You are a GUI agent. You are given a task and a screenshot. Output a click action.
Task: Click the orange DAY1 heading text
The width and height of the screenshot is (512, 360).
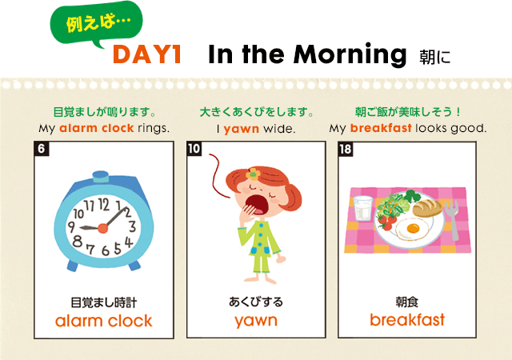147,54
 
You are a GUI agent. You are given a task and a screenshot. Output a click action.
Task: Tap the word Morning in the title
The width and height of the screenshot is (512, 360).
350,55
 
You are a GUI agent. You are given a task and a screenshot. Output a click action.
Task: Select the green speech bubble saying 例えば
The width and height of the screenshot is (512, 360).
97,23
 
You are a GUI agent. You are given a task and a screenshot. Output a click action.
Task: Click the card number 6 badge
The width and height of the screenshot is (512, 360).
42,149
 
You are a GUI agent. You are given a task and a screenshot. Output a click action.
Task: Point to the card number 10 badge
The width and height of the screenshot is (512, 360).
194,149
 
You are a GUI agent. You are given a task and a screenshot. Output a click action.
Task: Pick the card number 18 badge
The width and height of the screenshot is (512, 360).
346,149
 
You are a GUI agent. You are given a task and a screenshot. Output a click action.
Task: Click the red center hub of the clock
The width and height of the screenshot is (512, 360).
103,228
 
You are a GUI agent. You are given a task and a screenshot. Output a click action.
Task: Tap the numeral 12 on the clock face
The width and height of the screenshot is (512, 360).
103,205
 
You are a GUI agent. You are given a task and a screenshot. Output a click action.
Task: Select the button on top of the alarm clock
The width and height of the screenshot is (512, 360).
101,177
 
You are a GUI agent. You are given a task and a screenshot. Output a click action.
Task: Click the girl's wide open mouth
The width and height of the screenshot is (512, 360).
256,205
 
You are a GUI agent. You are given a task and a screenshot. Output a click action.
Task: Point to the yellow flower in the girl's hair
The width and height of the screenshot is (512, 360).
253,174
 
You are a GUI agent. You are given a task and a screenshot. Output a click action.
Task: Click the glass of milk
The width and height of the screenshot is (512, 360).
362,208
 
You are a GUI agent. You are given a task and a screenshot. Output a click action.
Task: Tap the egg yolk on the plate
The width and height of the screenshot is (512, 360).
413,228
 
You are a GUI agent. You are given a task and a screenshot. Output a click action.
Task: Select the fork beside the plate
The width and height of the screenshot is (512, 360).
452,219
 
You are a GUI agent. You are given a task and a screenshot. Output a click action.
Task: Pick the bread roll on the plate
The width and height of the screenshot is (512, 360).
427,208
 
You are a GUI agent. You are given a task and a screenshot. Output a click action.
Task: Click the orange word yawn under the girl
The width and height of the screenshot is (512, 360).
256,321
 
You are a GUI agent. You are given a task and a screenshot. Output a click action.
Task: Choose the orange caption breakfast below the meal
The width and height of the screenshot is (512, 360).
407,319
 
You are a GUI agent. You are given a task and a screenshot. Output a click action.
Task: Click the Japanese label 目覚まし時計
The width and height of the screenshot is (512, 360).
103,302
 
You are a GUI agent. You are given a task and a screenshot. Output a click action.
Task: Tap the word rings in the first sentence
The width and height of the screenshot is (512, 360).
154,128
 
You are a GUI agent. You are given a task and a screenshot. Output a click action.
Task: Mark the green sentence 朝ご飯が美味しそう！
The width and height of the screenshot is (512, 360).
407,112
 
